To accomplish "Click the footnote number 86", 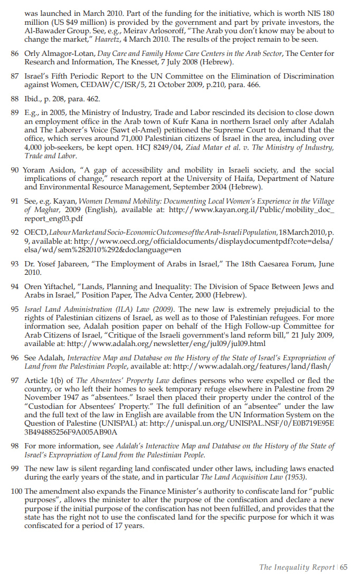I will tap(14, 53).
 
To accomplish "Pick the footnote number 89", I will tap(14, 113).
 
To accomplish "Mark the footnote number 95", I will tap(14, 310).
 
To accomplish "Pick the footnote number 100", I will tap(16, 491).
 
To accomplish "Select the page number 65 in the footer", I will tap(344, 567).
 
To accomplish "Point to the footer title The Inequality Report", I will tap(296, 567).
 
